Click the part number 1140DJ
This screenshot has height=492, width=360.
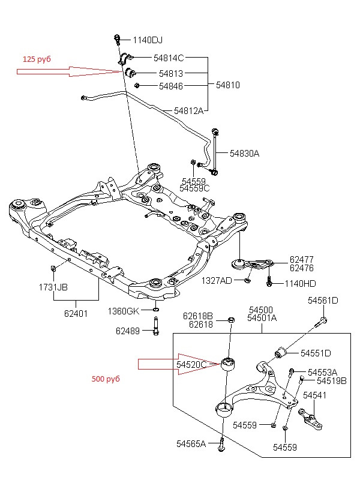click(x=148, y=40)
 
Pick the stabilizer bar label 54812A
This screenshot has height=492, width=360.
click(x=189, y=110)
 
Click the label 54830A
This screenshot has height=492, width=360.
click(x=245, y=154)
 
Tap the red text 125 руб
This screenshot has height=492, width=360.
click(x=37, y=59)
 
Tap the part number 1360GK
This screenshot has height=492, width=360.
click(x=124, y=311)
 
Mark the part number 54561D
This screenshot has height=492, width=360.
click(x=323, y=301)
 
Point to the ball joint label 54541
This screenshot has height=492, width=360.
click(x=314, y=395)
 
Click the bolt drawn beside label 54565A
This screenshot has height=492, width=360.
click(x=223, y=444)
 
